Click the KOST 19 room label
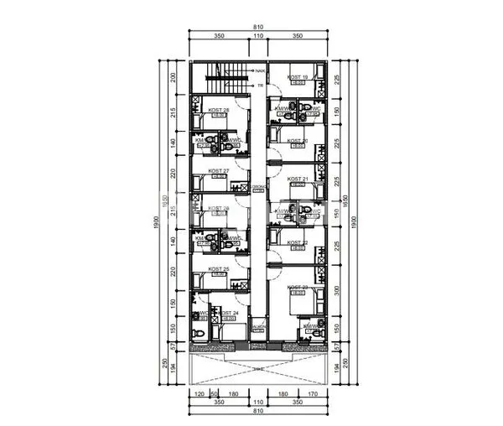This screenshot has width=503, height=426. pos(298,77)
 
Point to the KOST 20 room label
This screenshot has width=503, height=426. pos(298,141)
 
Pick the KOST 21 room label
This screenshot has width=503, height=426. pos(298,179)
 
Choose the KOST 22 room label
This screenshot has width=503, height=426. pos(298,243)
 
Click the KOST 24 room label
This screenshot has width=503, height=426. pos(228,314)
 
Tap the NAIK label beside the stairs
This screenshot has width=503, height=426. pos(261,72)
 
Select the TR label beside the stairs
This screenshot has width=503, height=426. pos(261,85)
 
